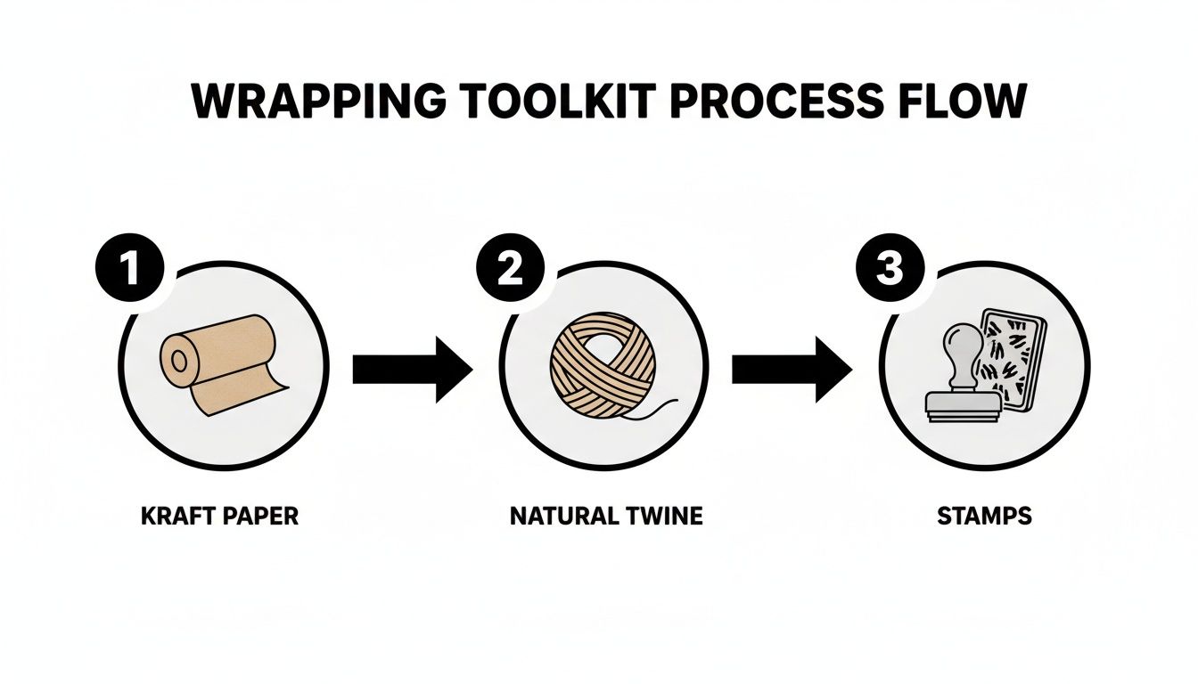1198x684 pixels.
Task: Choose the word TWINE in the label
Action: (x=663, y=517)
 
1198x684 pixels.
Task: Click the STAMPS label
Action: (x=984, y=517)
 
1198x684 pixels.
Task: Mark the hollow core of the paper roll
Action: (x=178, y=361)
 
